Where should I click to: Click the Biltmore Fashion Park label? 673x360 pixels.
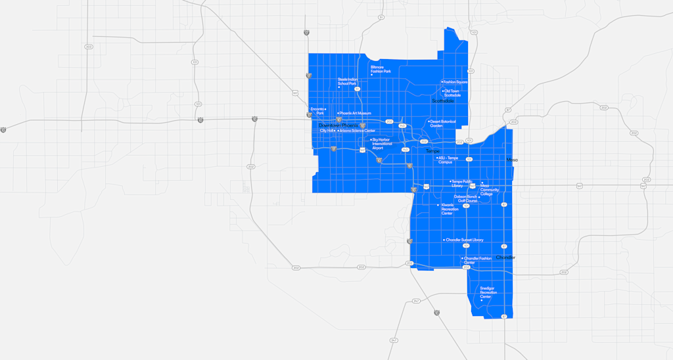click(x=381, y=69)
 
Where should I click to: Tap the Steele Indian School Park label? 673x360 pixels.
click(x=347, y=81)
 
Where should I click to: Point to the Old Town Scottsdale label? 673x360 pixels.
click(x=452, y=93)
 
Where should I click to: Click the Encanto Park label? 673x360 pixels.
click(x=317, y=110)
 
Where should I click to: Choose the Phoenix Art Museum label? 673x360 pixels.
click(x=356, y=114)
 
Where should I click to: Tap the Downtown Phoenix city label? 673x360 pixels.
click(x=338, y=125)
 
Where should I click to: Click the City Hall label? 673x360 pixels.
click(x=327, y=131)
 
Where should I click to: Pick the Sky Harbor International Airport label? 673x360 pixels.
click(x=382, y=143)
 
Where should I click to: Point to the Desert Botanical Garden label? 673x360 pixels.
click(x=443, y=124)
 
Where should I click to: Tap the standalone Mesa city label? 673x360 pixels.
click(x=512, y=160)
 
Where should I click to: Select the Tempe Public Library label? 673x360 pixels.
click(x=462, y=183)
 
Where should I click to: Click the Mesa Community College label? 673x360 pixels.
click(x=490, y=189)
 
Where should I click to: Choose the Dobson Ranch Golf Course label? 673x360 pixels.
click(x=466, y=198)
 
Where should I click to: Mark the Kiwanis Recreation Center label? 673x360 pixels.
click(x=448, y=209)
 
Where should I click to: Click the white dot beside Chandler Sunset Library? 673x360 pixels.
click(x=444, y=240)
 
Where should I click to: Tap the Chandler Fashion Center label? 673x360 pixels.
click(x=478, y=260)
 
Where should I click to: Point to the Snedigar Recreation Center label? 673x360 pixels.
click(x=488, y=292)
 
